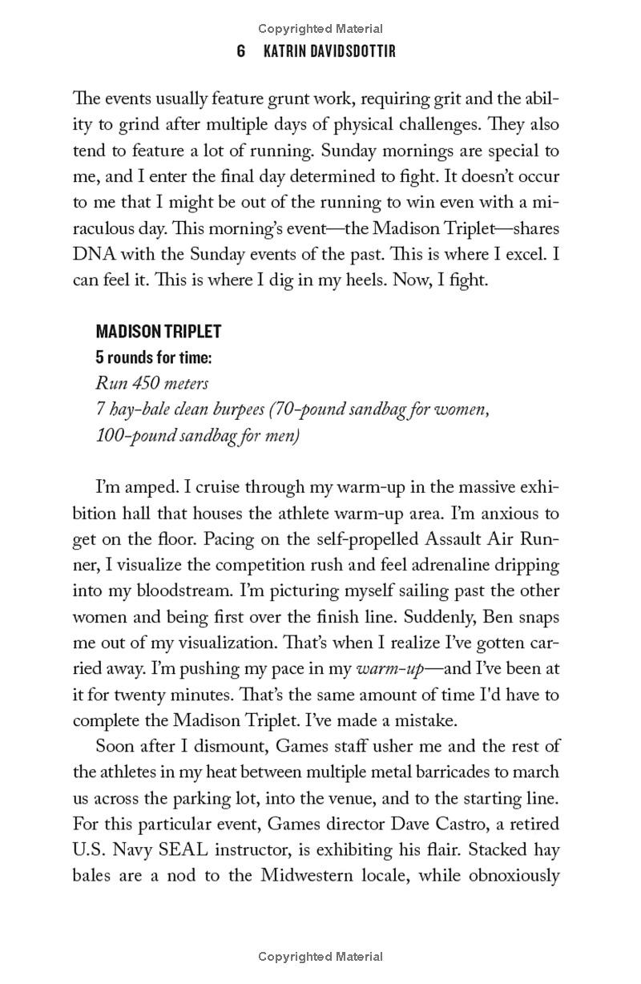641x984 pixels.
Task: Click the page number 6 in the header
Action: click(x=241, y=51)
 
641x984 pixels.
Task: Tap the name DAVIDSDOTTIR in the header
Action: click(x=345, y=51)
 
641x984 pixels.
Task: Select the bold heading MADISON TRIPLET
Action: click(x=159, y=331)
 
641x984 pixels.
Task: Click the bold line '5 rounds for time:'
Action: click(x=159, y=357)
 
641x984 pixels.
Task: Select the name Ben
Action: click(x=498, y=617)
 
